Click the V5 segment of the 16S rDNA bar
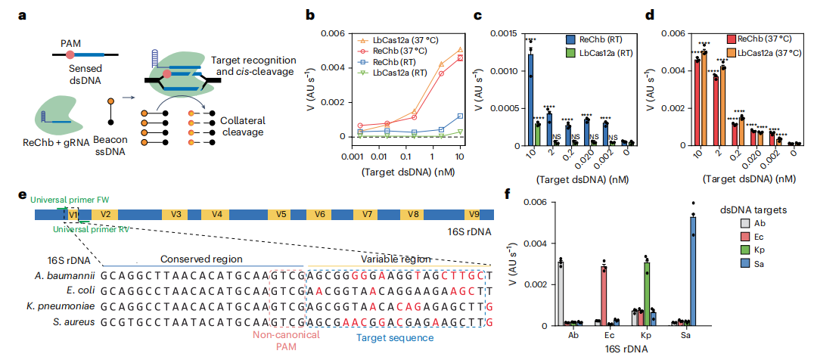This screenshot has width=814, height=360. tap(281, 214)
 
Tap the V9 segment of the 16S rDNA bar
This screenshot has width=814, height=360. tap(474, 214)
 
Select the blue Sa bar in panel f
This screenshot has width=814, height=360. tap(692, 270)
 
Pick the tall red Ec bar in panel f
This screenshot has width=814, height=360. tap(604, 296)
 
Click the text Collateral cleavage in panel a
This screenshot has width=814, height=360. tap(248, 126)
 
